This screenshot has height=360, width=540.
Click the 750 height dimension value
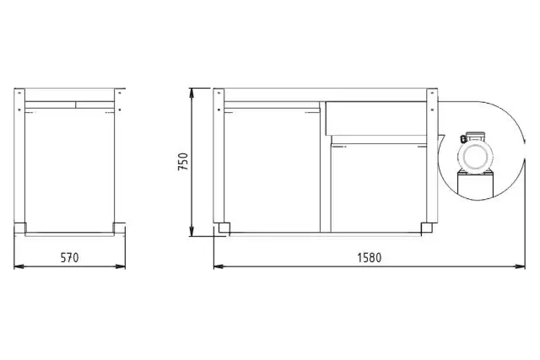point(183,162)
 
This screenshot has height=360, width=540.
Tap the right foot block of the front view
point(427,227)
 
